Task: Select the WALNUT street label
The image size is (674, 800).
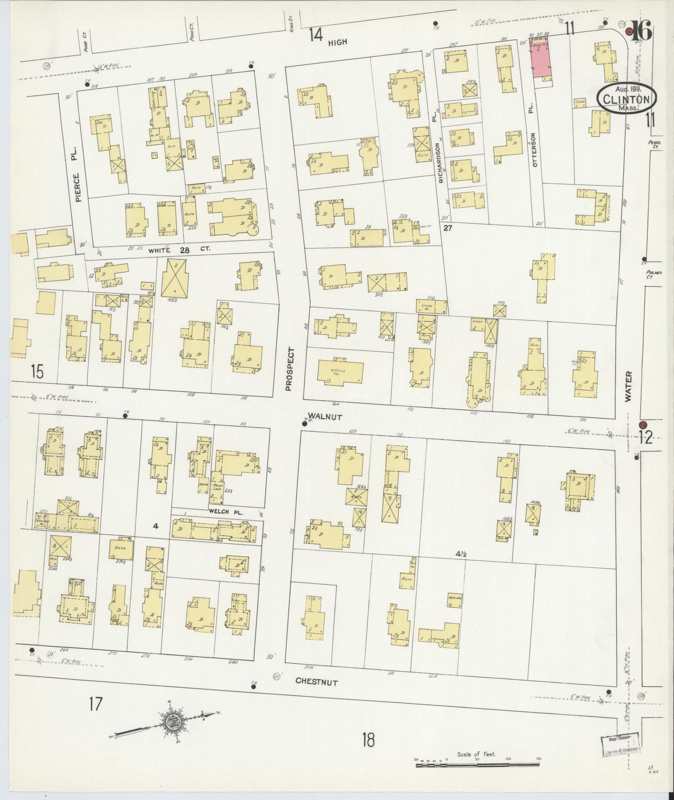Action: coord(325,417)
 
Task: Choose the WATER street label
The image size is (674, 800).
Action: coord(628,387)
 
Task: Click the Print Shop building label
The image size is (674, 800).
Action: coord(216,489)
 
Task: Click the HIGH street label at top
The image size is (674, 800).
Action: coord(338,42)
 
